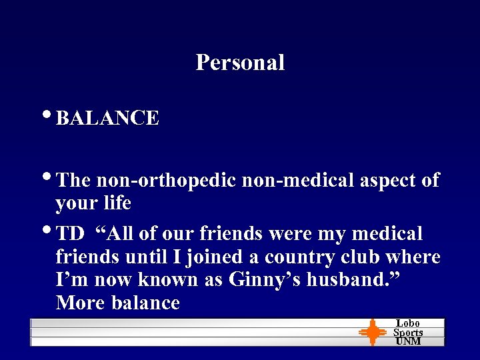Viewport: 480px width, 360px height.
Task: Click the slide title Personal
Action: pyautogui.click(x=240, y=63)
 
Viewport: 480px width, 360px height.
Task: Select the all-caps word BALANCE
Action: pyautogui.click(x=107, y=119)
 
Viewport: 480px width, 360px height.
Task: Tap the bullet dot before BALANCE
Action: pyautogui.click(x=51, y=116)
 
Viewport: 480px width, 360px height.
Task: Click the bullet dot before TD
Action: pyautogui.click(x=51, y=231)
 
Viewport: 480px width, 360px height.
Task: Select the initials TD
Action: pyautogui.click(x=70, y=234)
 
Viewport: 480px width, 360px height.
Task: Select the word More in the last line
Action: pyautogui.click(x=80, y=303)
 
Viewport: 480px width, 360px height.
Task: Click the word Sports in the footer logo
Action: pyautogui.click(x=408, y=333)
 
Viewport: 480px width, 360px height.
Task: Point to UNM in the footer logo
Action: pyautogui.click(x=408, y=341)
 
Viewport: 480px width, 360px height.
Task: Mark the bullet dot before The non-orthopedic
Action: pyautogui.click(x=51, y=177)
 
